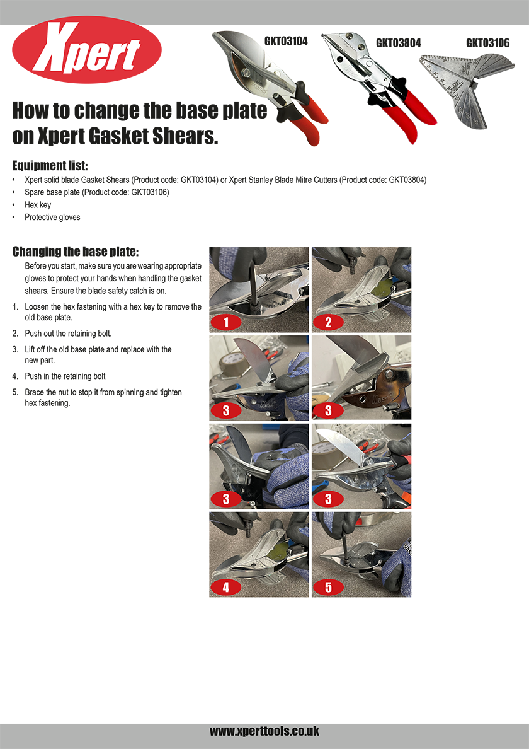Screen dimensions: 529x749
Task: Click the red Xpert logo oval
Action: coord(87,50)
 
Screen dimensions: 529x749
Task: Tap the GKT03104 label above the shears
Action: coord(286,41)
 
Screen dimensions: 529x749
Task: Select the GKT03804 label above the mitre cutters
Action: coord(398,43)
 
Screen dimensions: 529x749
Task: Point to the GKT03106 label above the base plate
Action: coord(488,43)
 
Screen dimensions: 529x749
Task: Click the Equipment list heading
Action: coord(50,166)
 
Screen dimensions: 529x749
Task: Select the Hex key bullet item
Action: coord(38,205)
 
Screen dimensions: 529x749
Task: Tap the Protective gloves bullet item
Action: coord(52,218)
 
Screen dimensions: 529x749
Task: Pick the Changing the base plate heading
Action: coord(76,252)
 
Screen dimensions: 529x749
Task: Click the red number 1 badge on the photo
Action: coord(226,322)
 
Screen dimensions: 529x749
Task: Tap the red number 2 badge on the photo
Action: coord(328,322)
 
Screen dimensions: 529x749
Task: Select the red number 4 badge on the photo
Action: coord(226,587)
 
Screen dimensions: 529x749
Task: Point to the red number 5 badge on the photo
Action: coord(328,587)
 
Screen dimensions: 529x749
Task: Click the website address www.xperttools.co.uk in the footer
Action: coord(264,731)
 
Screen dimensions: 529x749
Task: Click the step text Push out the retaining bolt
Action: coord(68,334)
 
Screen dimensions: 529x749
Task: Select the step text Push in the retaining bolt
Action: coord(65,376)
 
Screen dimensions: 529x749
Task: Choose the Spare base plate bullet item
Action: coord(97,192)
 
